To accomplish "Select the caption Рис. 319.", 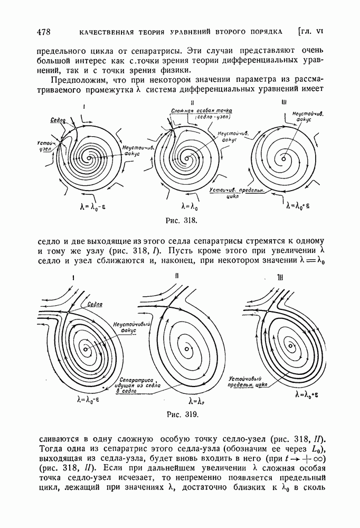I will tap(184, 413).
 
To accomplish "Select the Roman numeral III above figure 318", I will tap(285, 102).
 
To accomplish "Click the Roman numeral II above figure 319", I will tap(177, 276).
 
